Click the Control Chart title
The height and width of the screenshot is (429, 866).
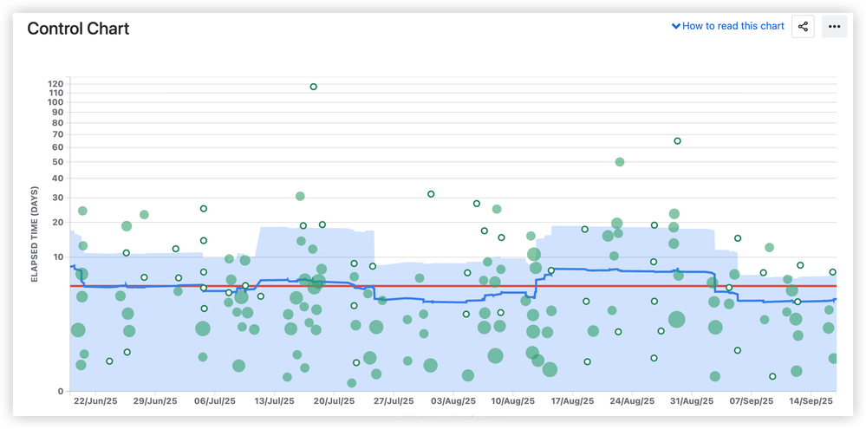click(78, 29)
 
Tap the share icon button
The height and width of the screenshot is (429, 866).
click(803, 26)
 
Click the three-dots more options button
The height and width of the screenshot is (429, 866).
click(834, 26)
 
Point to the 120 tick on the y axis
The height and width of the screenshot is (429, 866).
click(56, 84)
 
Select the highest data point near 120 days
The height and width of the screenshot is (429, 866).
click(313, 87)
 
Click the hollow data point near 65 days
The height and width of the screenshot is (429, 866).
click(677, 141)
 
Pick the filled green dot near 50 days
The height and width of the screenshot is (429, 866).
click(620, 162)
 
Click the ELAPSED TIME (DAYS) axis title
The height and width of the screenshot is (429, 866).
click(35, 234)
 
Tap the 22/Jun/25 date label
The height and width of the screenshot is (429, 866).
click(95, 401)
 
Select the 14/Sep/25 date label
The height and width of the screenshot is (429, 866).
click(811, 401)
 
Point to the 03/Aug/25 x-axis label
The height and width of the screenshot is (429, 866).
click(453, 401)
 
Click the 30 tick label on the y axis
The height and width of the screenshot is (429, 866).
click(58, 198)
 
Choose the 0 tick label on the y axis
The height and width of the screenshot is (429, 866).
click(61, 392)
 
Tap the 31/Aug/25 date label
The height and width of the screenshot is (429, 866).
click(692, 401)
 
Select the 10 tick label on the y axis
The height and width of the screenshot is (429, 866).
click(58, 257)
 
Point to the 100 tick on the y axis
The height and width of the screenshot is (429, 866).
click(56, 102)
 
